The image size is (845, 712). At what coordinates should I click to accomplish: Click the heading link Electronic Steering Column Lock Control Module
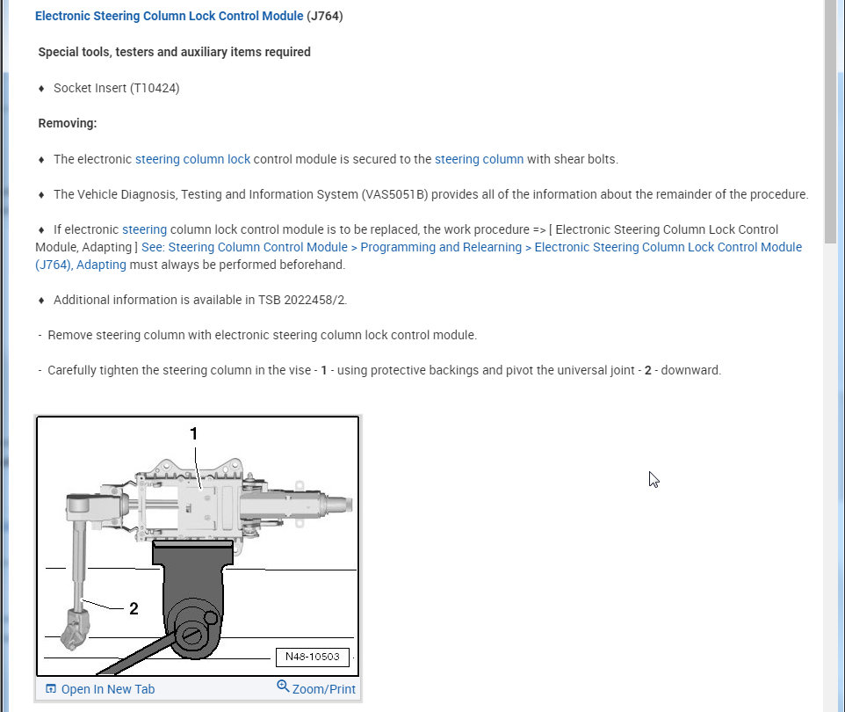tap(169, 16)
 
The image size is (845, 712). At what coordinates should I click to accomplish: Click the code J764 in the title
tap(324, 16)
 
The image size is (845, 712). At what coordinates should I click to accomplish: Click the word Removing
tap(67, 123)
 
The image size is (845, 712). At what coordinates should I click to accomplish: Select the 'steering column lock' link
tap(192, 159)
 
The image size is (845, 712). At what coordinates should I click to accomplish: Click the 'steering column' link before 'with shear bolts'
tap(479, 159)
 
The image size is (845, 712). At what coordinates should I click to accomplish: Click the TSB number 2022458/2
tap(312, 300)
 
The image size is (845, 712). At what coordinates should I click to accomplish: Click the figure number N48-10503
tap(312, 658)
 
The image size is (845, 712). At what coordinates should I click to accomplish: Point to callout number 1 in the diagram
tap(194, 433)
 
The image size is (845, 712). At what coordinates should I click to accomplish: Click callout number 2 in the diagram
tap(134, 608)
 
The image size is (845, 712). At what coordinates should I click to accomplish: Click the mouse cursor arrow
tap(654, 479)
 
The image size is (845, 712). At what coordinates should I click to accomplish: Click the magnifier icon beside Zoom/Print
tap(283, 687)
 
